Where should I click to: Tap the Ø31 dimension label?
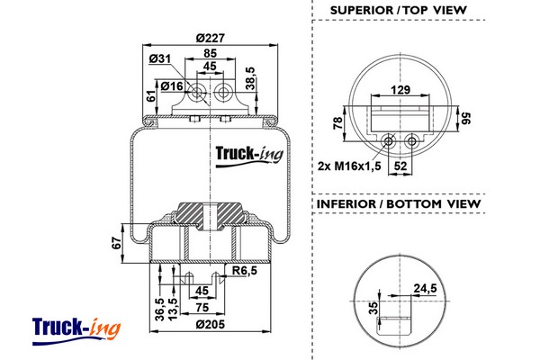click(x=161, y=59)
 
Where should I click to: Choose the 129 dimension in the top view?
click(x=400, y=91)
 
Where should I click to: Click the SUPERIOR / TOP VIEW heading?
click(x=399, y=10)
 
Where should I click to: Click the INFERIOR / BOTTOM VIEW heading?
click(x=399, y=204)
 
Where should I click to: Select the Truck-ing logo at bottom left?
click(x=75, y=327)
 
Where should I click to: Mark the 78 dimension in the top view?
click(x=337, y=122)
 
